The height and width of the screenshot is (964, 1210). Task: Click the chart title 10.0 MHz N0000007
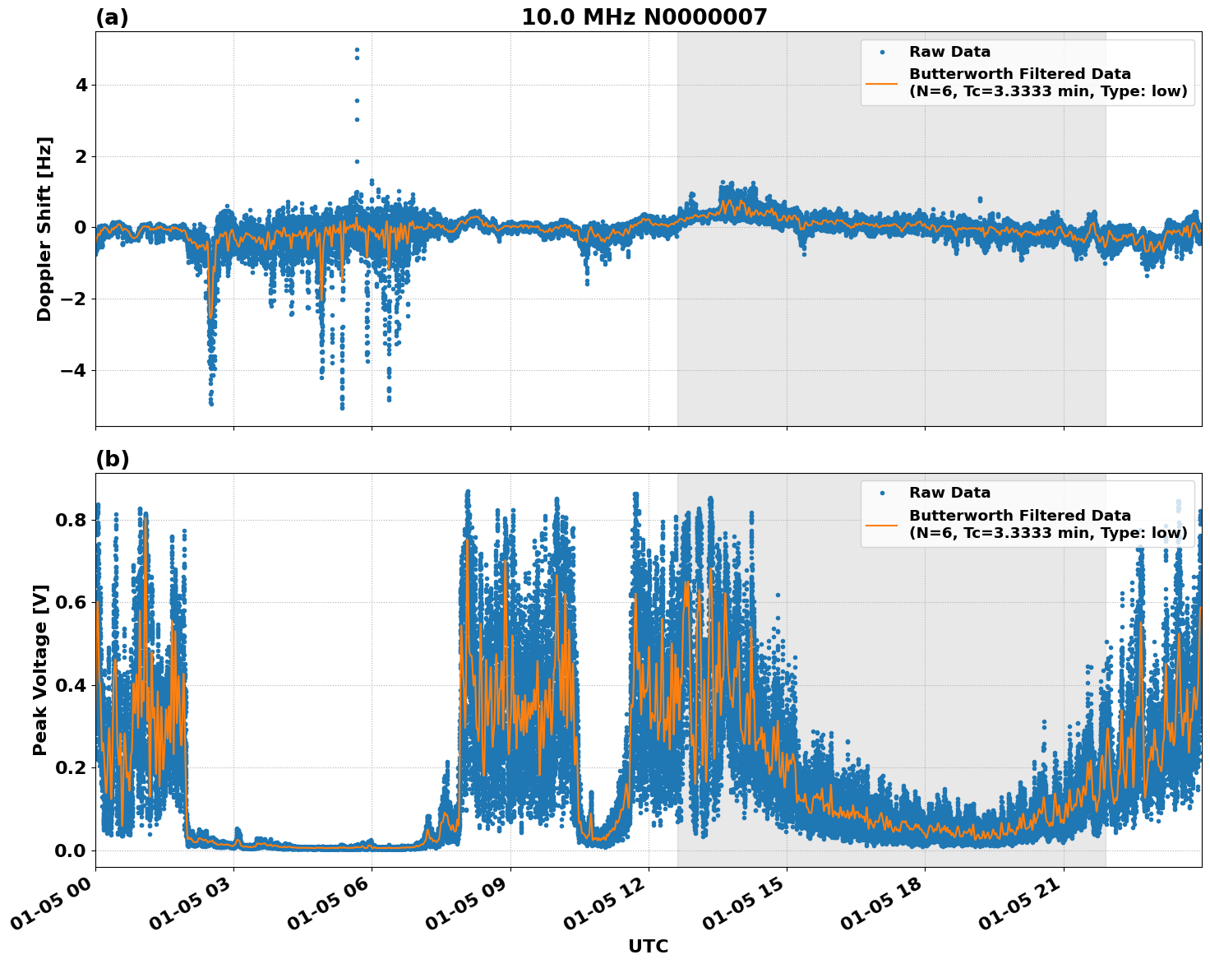(x=644, y=17)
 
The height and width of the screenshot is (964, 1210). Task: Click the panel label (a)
(x=112, y=17)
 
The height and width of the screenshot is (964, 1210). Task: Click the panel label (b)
(x=112, y=459)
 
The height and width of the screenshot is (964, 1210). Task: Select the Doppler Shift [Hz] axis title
(x=44, y=229)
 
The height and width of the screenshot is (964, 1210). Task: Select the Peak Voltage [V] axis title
(x=40, y=670)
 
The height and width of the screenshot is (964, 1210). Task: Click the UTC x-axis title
(x=648, y=946)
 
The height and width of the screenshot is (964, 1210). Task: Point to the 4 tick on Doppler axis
(x=81, y=86)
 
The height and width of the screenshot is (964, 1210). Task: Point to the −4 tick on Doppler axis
(x=74, y=370)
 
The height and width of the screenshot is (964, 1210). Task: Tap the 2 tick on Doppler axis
(x=81, y=156)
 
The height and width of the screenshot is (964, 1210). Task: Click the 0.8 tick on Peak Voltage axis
(x=71, y=520)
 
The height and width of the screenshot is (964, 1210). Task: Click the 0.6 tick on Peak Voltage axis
(x=71, y=602)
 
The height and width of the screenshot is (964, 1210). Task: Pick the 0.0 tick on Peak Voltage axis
(x=71, y=850)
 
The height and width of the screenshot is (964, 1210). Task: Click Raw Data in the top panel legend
(x=949, y=52)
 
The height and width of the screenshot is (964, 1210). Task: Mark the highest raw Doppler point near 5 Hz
(x=357, y=49)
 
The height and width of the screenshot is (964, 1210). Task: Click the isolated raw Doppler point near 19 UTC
(x=980, y=199)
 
